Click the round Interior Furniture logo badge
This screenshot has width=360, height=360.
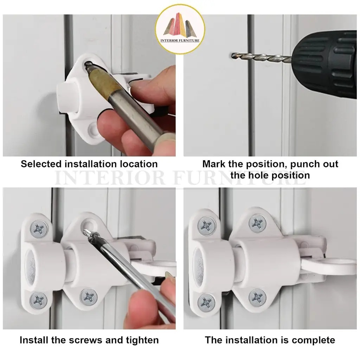coord(180,29)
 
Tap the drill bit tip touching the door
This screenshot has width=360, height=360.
coord(232,55)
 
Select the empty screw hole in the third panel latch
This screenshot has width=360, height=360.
coord(88,224)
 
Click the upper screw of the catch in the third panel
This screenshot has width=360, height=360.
coord(39,229)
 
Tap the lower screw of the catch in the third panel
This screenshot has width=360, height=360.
coord(39,300)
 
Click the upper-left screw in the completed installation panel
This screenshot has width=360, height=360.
coord(207,226)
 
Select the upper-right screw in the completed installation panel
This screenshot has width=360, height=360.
coord(258,223)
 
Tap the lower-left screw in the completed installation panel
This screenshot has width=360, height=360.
coord(206,302)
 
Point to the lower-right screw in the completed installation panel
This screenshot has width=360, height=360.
coord(257,298)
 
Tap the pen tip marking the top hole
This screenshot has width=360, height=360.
coord(88,65)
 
